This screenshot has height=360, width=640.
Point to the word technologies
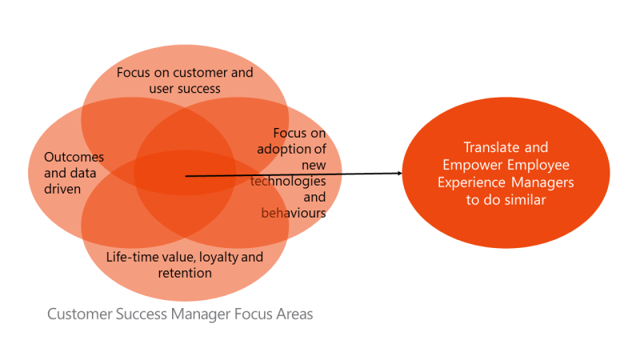pyautogui.click(x=288, y=181)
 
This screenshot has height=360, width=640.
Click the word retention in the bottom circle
pyautogui.click(x=185, y=273)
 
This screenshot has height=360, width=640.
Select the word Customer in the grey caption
pyautogui.click(x=79, y=314)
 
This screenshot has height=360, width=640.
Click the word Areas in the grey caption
pyautogui.click(x=292, y=314)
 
